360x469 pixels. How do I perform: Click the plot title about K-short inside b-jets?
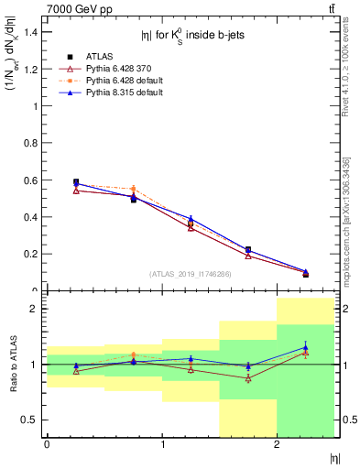pos(190,37)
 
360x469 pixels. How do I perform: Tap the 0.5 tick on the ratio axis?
pos(33,420)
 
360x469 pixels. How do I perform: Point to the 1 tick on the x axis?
pos(162,445)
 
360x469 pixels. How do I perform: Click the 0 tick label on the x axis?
pos(47,445)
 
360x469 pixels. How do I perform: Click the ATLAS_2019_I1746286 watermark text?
pos(191,274)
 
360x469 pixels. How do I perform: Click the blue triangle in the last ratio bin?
pos(306,347)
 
